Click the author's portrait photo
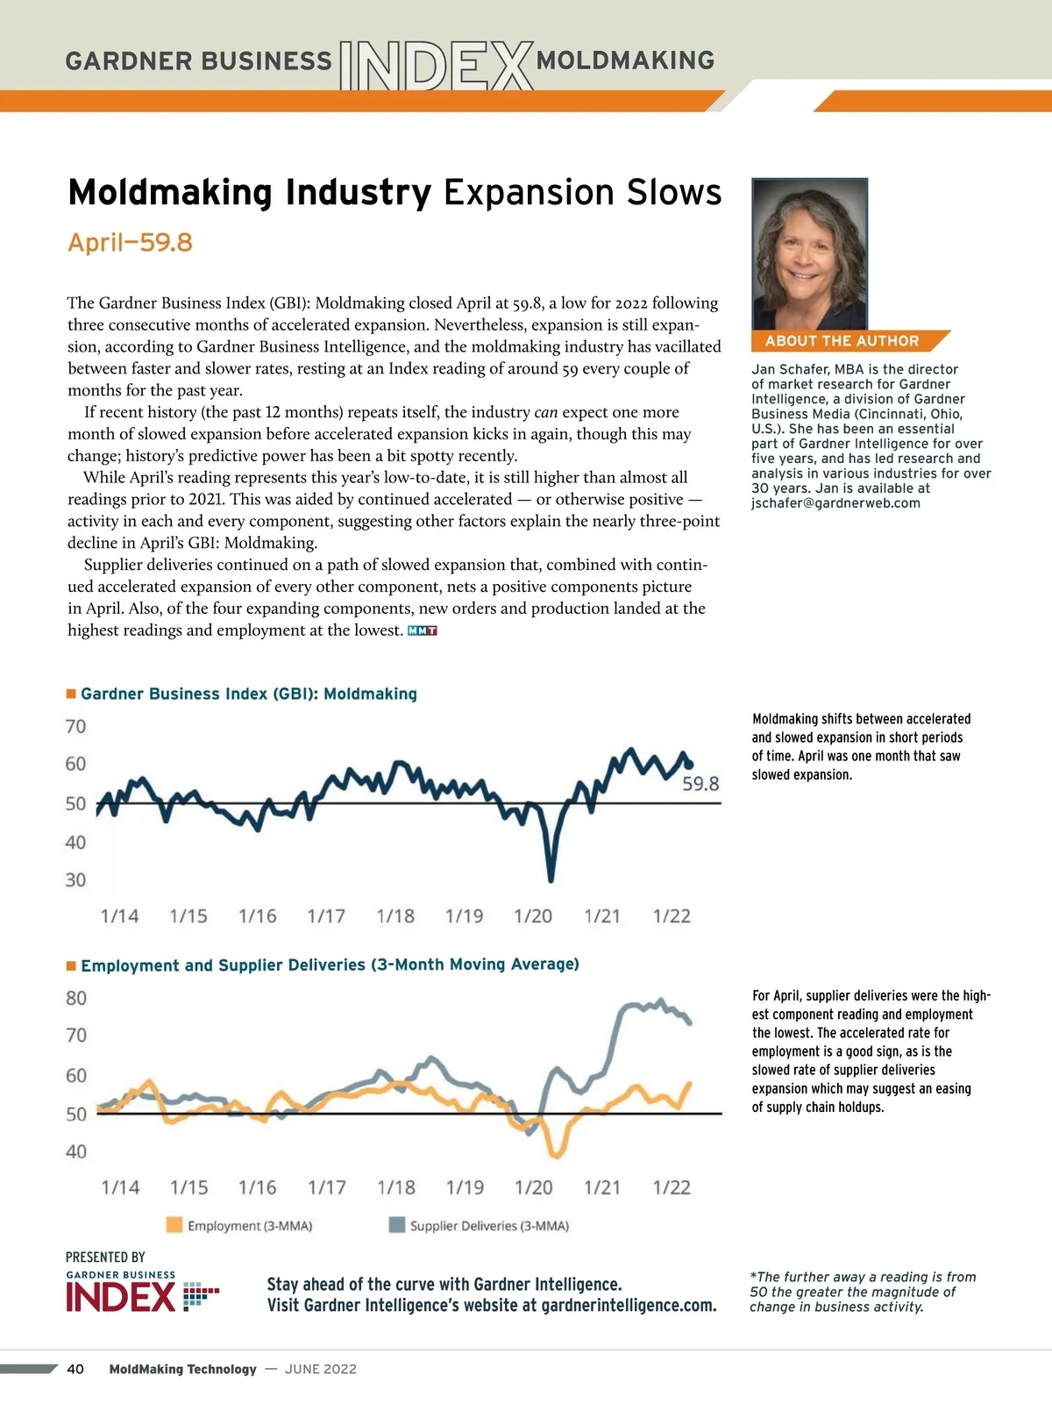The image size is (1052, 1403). point(809,254)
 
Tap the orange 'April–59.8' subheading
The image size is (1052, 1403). point(130,242)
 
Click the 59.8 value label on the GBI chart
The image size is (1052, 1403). point(700,784)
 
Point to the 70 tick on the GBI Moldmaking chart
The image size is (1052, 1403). point(75,726)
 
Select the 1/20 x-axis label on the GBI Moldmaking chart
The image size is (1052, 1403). point(533,916)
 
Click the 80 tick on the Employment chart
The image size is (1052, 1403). point(76,998)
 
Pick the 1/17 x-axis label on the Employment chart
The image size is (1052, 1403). point(326,1187)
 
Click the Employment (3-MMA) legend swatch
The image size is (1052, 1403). point(174,1225)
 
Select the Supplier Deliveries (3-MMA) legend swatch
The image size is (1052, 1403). point(397,1225)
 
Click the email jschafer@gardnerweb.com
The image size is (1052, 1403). point(835,503)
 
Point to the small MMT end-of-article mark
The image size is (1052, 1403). point(423,630)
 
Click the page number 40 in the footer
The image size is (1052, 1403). point(75,1369)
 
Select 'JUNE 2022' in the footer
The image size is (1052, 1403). point(321,1369)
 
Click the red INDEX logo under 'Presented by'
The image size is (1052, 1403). point(121,1297)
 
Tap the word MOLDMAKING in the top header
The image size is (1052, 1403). point(625,61)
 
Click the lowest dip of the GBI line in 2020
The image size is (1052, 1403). point(551,878)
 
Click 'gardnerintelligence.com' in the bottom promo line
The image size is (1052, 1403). point(628,1306)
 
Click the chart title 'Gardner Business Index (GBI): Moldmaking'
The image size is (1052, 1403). point(249,694)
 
